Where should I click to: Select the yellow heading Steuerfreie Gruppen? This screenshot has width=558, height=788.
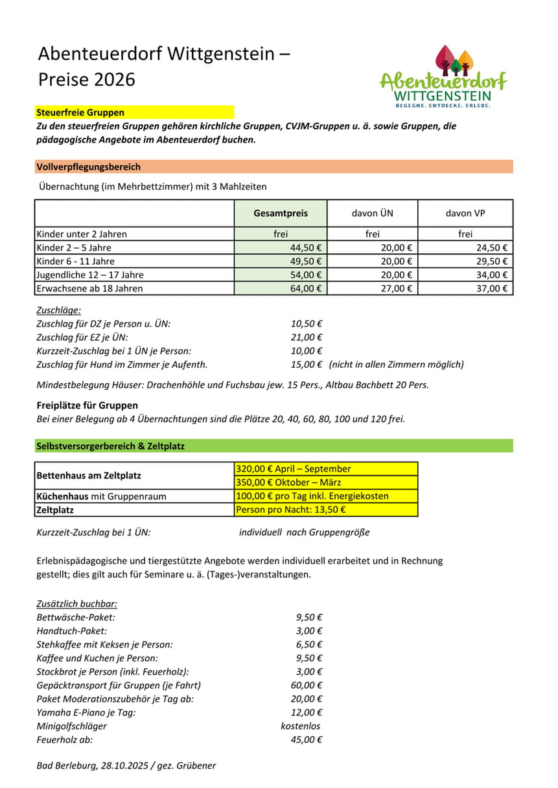coord(80,113)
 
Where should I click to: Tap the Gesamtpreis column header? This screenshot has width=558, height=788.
coord(281,213)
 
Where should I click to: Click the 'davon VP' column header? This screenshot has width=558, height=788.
coord(465,213)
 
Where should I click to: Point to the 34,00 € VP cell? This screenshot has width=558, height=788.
coord(492,275)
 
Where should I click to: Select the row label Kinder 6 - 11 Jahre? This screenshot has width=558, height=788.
coord(75,261)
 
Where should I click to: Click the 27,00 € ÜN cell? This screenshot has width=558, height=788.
coord(398,288)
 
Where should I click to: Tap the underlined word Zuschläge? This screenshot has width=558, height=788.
coord(59,310)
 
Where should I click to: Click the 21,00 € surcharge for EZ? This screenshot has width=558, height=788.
coord(307,337)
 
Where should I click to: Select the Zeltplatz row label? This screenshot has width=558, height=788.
coord(55,510)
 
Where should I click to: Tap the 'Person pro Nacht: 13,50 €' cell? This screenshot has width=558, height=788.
coord(291,510)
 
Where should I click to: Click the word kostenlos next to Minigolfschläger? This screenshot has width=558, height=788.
coord(301,726)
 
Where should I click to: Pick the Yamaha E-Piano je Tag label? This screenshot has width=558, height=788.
coord(86,712)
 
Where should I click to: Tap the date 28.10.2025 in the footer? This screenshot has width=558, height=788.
coord(124,765)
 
